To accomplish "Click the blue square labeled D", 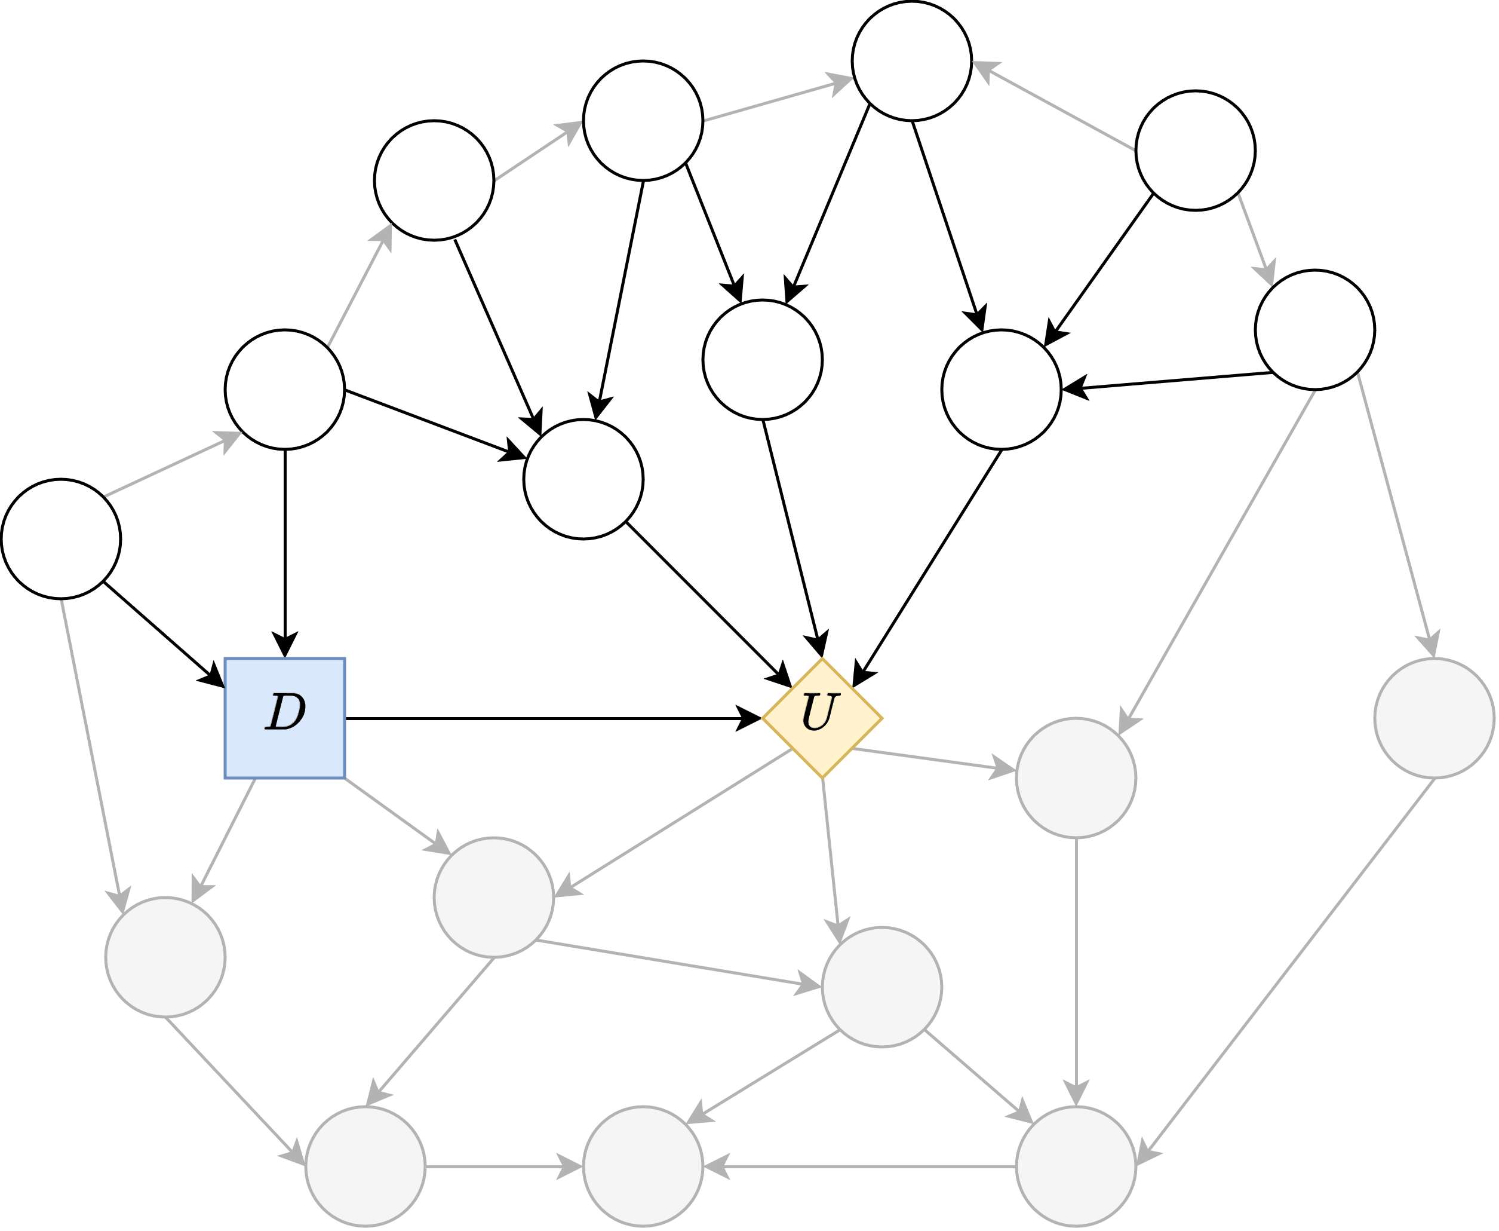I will (x=285, y=718).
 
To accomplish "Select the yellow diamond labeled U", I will (x=822, y=718).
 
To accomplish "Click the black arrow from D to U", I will (x=553, y=718).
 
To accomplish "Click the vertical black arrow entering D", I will (x=285, y=553).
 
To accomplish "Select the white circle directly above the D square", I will (x=285, y=389).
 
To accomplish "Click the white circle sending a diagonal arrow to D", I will (x=61, y=539).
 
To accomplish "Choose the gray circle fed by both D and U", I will (x=493, y=897).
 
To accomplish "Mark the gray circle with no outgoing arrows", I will (x=643, y=1166).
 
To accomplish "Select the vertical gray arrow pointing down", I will (x=1076, y=972).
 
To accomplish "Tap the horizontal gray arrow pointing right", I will (x=503, y=1166).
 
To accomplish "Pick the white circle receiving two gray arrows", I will (x=911, y=60).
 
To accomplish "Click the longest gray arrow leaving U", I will (x=673, y=822).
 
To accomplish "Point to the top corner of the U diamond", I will (x=822, y=660).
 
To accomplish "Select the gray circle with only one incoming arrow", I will (x=1434, y=718).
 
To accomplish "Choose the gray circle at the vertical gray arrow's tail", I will (x=1076, y=778).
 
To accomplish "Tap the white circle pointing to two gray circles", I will (x=1314, y=329).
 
